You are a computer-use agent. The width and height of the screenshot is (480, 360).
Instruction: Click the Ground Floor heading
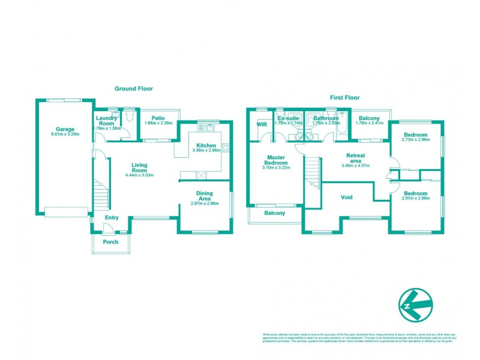tap(134, 88)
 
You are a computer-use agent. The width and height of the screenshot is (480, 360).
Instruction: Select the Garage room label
tap(65, 129)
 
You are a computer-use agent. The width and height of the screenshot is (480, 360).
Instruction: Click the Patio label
tap(158, 118)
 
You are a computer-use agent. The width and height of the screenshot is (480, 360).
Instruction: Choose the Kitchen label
tap(206, 145)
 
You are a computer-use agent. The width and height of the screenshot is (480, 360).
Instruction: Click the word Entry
tap(112, 218)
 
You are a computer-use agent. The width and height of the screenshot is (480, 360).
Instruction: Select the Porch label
tap(110, 242)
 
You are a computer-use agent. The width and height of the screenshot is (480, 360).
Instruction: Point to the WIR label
tap(262, 124)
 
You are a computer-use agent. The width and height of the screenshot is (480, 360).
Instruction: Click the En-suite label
tap(289, 118)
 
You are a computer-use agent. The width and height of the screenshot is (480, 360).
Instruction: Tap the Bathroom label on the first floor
tap(326, 118)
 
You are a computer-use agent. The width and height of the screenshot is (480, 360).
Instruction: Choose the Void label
tap(347, 197)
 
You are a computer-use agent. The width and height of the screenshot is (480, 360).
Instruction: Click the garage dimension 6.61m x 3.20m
tap(65, 134)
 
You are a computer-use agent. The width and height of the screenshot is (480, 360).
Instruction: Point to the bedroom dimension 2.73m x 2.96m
tap(415, 140)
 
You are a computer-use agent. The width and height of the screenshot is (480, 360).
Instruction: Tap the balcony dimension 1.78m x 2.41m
tap(369, 123)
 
